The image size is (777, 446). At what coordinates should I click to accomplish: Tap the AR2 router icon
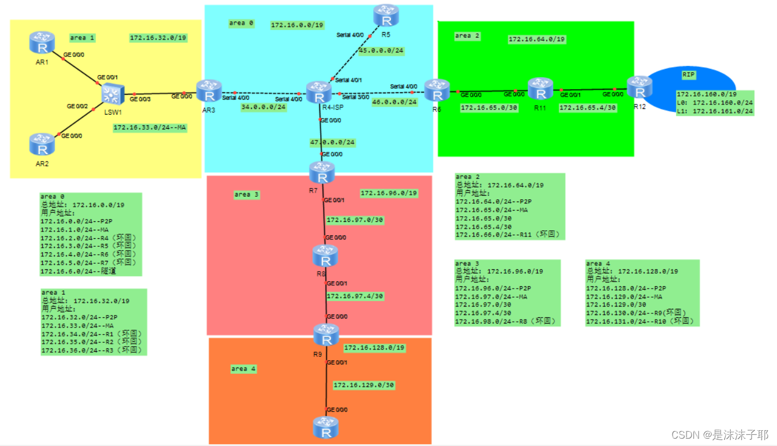42,144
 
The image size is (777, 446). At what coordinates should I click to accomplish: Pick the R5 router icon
386,16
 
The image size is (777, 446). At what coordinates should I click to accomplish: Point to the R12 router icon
639,88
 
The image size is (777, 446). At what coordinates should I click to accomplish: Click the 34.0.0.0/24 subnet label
264,107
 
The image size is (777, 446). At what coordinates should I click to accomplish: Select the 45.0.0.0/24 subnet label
381,51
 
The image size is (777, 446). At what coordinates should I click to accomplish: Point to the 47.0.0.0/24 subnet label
333,143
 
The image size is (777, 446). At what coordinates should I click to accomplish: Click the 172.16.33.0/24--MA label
150,128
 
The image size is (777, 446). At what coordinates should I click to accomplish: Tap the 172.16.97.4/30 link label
355,296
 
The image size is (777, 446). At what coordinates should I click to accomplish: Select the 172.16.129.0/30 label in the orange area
364,385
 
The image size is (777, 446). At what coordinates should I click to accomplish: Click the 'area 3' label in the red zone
246,194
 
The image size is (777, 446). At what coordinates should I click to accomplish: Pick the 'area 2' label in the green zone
467,36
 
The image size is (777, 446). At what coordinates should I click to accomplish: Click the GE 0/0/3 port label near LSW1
140,99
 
